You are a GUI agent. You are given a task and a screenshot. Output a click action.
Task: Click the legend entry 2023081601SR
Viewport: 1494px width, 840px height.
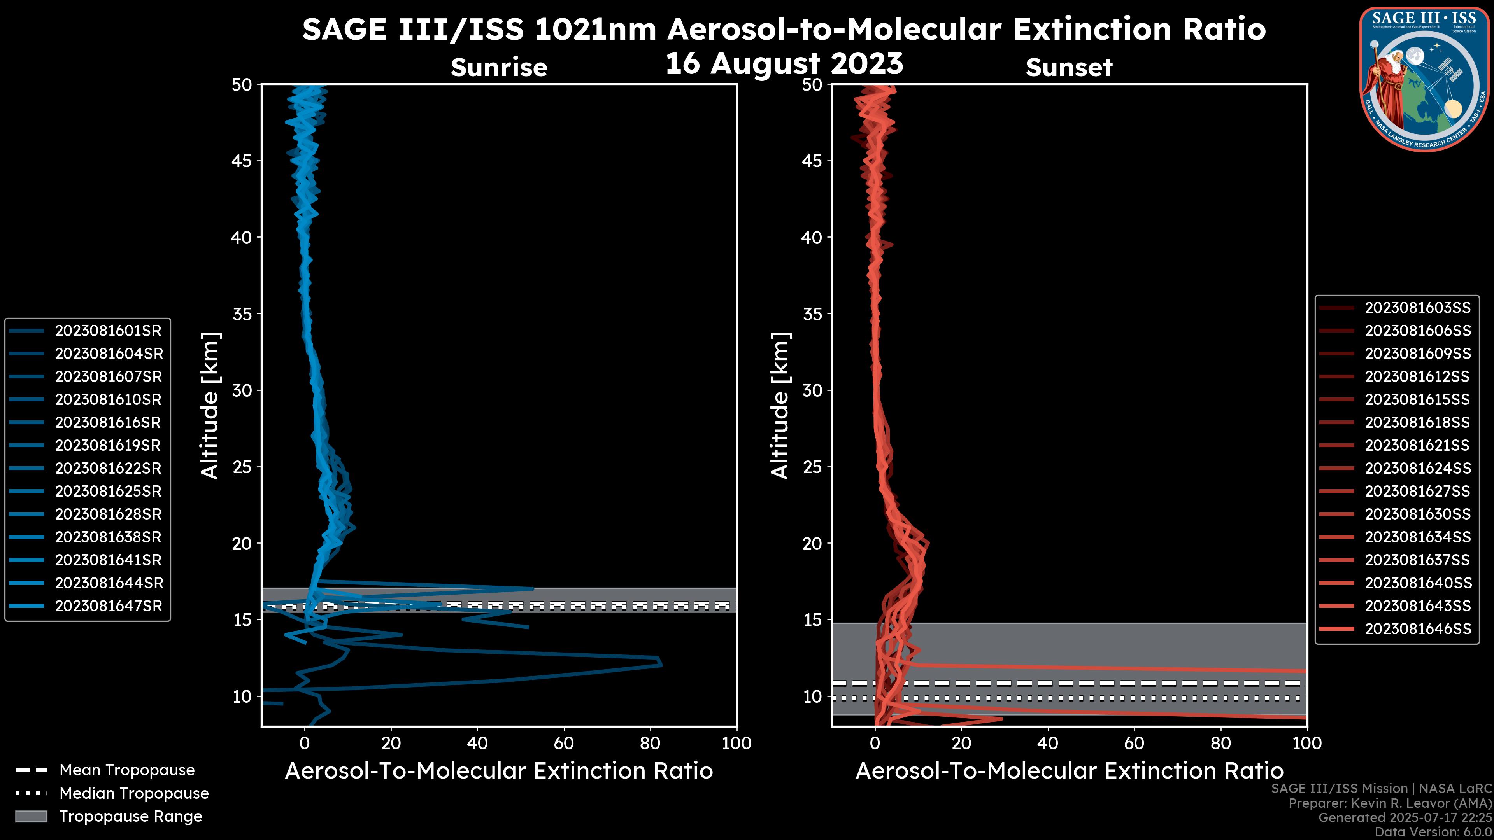coord(108,331)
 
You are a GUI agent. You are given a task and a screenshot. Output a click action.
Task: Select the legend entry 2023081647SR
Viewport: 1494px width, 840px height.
coord(108,606)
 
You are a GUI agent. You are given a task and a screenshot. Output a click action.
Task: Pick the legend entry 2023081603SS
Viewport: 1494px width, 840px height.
coord(1417,308)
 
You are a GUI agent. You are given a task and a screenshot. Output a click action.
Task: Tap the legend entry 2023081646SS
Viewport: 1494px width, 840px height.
coord(1417,629)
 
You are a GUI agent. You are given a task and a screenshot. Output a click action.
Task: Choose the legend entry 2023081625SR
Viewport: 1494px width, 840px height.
coord(108,492)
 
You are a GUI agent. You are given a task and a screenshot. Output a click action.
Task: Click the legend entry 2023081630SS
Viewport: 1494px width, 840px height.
coord(1417,514)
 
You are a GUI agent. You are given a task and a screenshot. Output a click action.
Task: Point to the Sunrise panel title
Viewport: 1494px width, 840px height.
coord(499,67)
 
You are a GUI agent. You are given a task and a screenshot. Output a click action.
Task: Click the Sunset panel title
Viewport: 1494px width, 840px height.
coord(1068,67)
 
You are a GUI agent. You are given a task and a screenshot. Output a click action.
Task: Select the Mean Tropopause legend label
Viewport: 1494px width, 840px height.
coord(126,770)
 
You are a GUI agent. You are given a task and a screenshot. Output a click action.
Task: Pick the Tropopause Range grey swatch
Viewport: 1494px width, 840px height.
coord(31,816)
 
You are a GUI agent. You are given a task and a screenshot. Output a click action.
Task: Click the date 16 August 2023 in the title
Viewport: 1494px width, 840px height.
coord(784,63)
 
